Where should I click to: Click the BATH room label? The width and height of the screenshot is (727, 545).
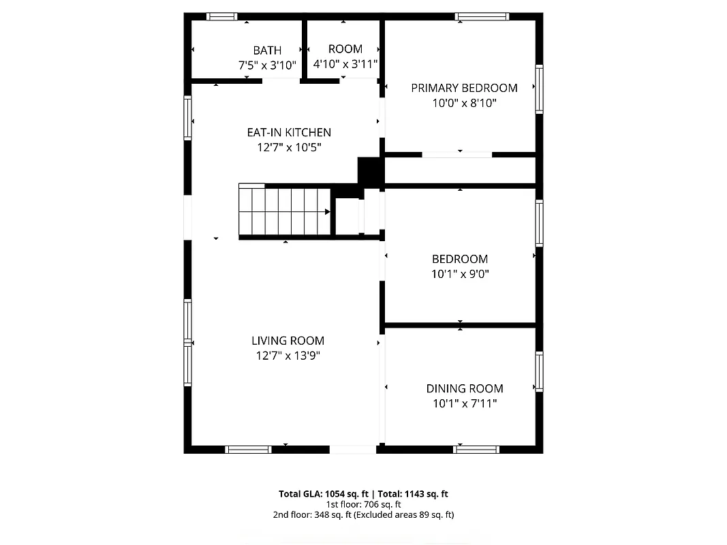pyautogui.click(x=267, y=50)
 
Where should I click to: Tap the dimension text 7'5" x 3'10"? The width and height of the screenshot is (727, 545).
pyautogui.click(x=267, y=65)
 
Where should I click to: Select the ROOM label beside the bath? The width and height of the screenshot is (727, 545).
pyautogui.click(x=345, y=49)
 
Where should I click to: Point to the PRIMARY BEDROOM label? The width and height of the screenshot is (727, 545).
pyautogui.click(x=464, y=88)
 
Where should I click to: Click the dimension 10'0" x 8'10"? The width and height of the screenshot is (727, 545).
pyautogui.click(x=464, y=104)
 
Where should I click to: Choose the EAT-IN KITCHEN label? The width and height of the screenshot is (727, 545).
pyautogui.click(x=289, y=132)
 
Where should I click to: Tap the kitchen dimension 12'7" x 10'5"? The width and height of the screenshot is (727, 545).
pyautogui.click(x=289, y=147)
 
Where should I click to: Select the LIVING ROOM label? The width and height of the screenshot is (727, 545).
pyautogui.click(x=288, y=341)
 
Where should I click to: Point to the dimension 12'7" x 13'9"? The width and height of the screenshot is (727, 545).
pyautogui.click(x=288, y=356)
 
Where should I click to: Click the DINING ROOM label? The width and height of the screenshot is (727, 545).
pyautogui.click(x=465, y=388)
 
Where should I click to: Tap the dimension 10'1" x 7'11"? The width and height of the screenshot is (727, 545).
pyautogui.click(x=465, y=404)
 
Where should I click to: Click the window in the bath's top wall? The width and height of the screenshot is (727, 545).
pyautogui.click(x=221, y=16)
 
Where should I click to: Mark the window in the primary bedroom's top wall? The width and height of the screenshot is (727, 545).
pyautogui.click(x=482, y=16)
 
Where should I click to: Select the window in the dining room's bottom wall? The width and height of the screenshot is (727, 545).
pyautogui.click(x=476, y=450)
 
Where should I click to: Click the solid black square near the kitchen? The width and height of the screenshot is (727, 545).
pyautogui.click(x=371, y=171)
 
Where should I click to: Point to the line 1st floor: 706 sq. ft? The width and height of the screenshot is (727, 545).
pyautogui.click(x=362, y=505)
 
